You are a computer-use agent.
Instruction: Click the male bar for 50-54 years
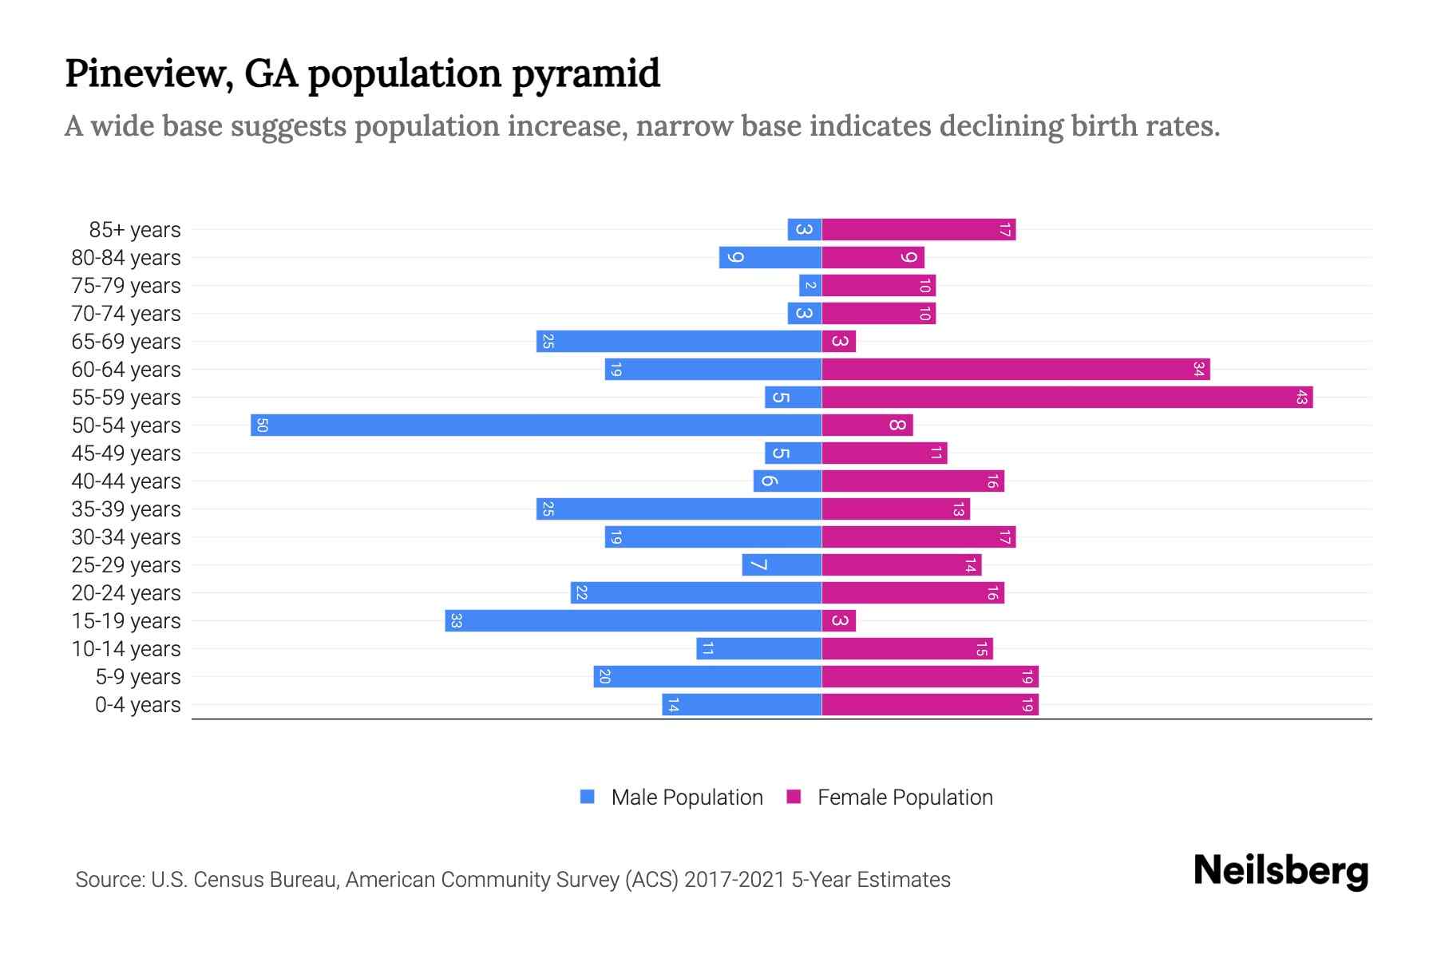pos(535,425)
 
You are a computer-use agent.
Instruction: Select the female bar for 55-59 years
pos(1067,397)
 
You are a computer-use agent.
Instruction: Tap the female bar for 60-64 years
pos(1015,369)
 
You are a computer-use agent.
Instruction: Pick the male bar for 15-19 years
pos(633,620)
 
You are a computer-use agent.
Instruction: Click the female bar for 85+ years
pos(918,229)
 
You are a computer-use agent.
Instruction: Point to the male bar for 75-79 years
pos(810,285)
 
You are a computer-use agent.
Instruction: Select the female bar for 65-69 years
pos(839,341)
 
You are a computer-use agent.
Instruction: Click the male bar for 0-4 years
pos(742,704)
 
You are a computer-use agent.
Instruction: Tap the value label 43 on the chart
pos(1301,397)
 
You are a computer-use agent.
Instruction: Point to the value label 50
pos(262,425)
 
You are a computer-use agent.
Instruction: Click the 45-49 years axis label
pos(126,453)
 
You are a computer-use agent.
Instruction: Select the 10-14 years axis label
pos(126,648)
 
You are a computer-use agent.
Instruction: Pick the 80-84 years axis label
pos(126,257)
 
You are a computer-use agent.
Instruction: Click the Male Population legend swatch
pos(588,797)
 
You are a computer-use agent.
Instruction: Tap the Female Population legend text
pos(905,797)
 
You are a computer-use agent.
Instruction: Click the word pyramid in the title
pos(585,74)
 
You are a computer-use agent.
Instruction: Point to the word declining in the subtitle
pos(1000,126)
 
